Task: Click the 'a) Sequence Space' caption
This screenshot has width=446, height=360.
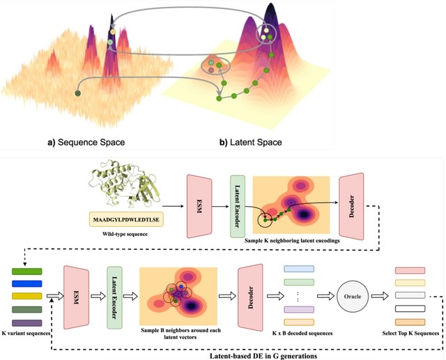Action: point(86,143)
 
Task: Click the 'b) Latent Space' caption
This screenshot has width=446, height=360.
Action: point(251,143)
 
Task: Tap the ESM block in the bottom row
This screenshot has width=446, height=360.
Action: point(78,297)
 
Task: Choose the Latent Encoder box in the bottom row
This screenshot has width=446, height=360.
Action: point(115,297)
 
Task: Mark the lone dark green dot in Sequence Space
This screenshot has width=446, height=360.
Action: point(78,93)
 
